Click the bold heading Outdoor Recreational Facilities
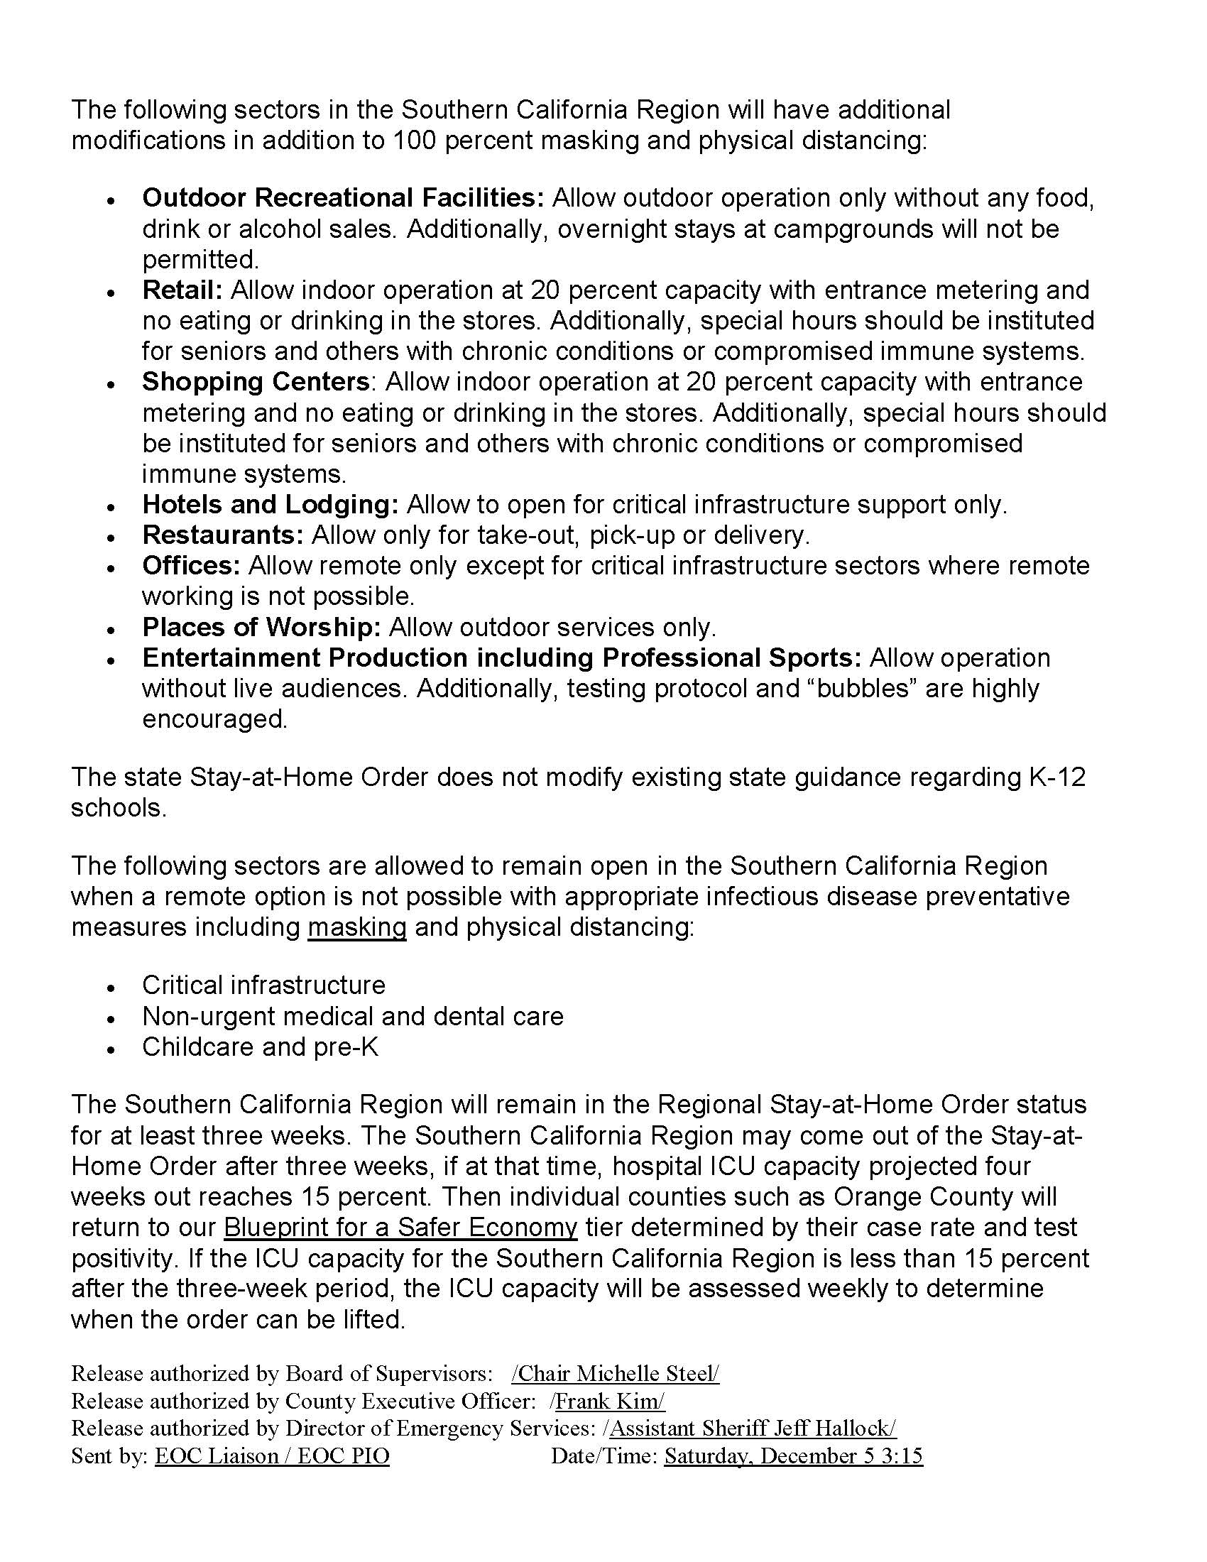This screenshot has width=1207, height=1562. click(343, 198)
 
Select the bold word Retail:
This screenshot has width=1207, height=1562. click(183, 290)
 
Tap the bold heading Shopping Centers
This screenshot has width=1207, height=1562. click(256, 382)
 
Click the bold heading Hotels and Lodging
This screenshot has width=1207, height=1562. click(271, 505)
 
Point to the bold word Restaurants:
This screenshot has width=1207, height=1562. click(223, 535)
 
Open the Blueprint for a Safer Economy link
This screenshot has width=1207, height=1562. click(400, 1228)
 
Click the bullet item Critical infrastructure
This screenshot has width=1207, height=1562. click(264, 985)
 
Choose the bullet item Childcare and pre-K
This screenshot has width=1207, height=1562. click(261, 1047)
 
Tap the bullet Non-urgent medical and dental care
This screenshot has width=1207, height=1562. click(353, 1016)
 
